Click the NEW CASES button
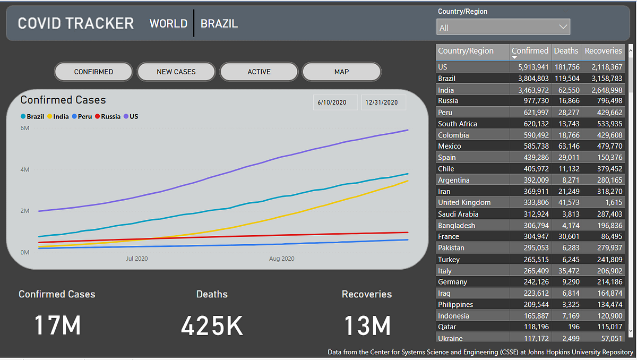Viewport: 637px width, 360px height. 176,72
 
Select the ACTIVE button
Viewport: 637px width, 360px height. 259,72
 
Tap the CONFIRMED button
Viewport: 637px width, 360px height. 93,72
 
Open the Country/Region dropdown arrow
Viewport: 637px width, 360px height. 563,27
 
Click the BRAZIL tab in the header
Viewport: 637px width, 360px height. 219,23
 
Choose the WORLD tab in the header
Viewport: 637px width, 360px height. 168,23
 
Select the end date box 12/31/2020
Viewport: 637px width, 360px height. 383,102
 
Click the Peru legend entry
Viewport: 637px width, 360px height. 82,116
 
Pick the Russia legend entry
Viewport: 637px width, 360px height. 108,116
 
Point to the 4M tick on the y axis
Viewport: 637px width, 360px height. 25,169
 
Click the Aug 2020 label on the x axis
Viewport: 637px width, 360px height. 281,259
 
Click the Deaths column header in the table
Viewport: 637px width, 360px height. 566,51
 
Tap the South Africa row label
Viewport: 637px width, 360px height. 458,124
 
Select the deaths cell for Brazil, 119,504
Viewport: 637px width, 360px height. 566,79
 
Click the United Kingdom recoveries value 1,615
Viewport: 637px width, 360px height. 612,202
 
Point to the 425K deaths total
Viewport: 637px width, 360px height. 212,325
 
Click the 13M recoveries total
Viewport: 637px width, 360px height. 367,325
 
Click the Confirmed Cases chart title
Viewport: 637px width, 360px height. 63,100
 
